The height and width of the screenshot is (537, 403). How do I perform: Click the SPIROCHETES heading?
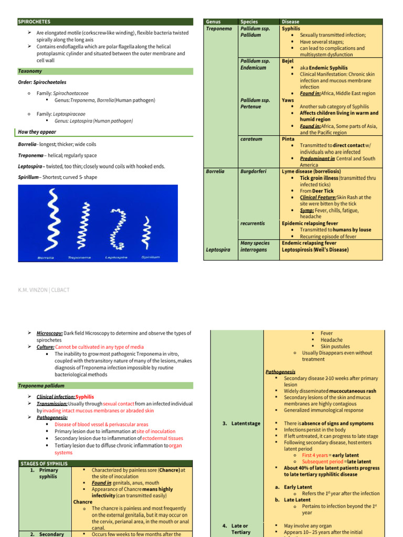(x=35, y=22)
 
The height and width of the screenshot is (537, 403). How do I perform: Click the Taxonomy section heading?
(x=30, y=71)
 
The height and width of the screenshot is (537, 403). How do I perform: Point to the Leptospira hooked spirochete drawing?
(x=118, y=228)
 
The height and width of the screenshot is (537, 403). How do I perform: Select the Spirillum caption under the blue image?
(x=151, y=257)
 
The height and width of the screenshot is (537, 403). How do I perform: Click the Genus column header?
(x=214, y=22)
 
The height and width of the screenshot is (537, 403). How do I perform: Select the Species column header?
(x=249, y=22)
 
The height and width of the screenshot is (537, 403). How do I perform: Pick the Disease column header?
(x=291, y=22)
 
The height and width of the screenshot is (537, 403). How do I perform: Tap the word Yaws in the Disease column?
(x=288, y=100)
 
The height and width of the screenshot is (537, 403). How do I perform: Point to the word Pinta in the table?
(x=288, y=139)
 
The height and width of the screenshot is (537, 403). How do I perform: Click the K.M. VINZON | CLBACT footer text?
(x=44, y=290)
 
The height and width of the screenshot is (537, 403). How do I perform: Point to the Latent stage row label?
(x=245, y=423)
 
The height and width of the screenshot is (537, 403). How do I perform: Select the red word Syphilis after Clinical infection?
(x=85, y=397)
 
